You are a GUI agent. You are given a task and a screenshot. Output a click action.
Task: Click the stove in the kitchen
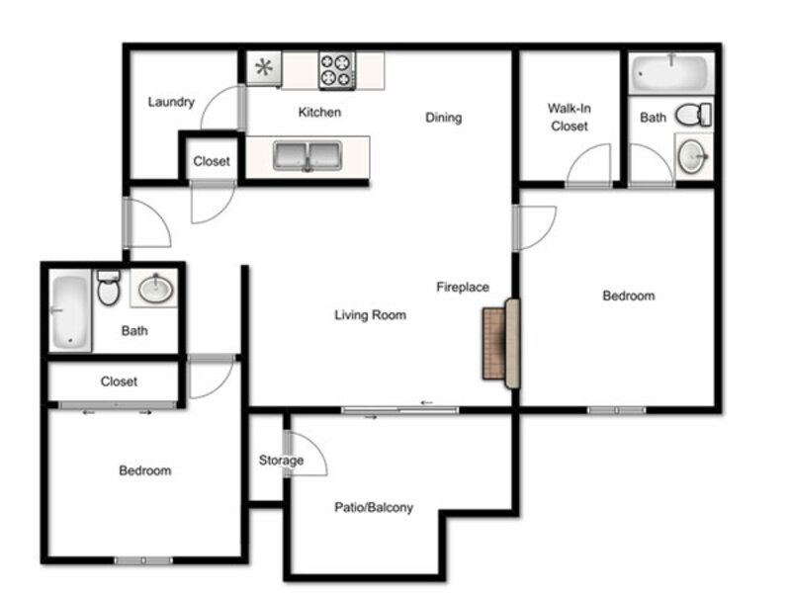(337, 70)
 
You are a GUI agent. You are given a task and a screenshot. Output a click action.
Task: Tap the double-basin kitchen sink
(308, 156)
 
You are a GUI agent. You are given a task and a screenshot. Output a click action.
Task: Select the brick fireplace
(501, 343)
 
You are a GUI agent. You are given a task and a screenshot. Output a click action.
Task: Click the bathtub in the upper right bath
(671, 73)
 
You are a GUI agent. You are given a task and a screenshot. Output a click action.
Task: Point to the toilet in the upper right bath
(693, 115)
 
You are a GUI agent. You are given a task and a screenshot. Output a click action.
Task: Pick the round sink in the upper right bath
(692, 156)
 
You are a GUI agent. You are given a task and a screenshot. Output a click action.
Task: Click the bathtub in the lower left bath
(70, 312)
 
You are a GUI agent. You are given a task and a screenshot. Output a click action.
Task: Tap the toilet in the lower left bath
(109, 289)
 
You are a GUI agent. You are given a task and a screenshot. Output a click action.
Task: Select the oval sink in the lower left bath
(156, 289)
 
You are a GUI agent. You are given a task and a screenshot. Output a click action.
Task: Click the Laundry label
(171, 103)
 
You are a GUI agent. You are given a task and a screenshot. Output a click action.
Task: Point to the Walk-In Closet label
(570, 117)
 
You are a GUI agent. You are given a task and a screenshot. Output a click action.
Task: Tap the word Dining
(443, 118)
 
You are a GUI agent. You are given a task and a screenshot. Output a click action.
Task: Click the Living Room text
(370, 315)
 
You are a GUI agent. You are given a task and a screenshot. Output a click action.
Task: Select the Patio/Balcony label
(374, 507)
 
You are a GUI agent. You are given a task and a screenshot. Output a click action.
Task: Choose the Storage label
(281, 461)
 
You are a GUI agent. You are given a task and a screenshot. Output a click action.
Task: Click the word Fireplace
(463, 287)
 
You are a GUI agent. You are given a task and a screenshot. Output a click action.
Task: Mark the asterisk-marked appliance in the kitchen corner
(264, 68)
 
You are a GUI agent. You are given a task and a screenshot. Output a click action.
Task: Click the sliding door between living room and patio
(400, 410)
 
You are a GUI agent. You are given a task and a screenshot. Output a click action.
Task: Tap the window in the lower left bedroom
(143, 560)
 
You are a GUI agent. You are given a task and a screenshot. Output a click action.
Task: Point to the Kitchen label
(319, 112)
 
